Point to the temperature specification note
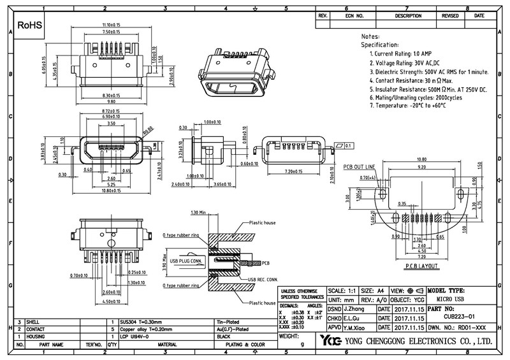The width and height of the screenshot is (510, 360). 409,104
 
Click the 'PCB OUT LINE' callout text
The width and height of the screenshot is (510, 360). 361,167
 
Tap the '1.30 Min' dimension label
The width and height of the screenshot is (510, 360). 200,212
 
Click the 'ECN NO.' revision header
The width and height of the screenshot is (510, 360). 355,15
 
